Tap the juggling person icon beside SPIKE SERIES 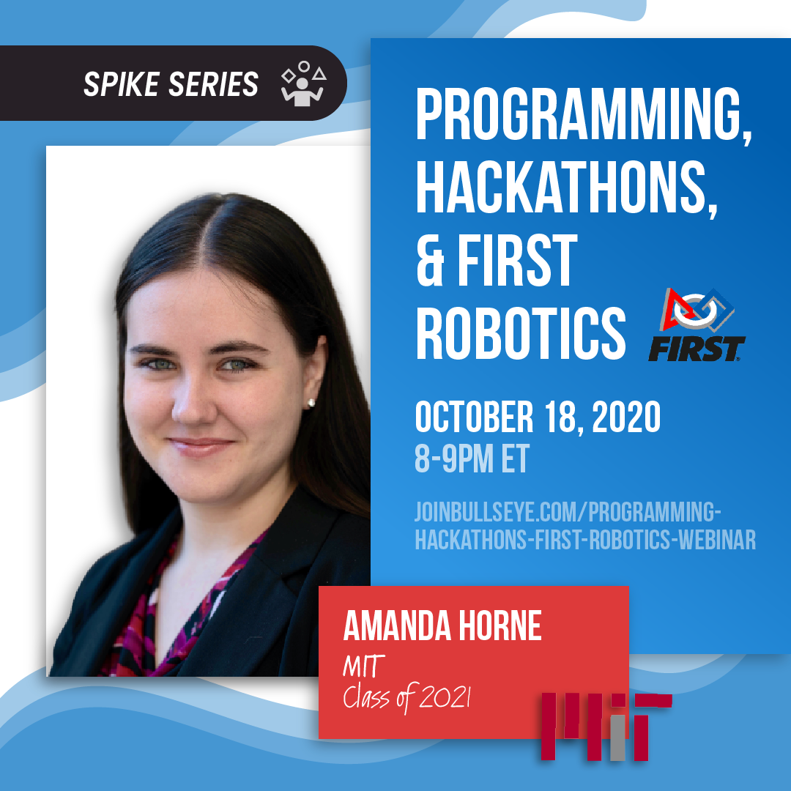coord(302,85)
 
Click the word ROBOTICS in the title coord(520,333)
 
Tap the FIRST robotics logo coord(696,324)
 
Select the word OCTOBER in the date coord(474,417)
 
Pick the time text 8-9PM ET coord(472,459)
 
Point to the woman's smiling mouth coord(199,446)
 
